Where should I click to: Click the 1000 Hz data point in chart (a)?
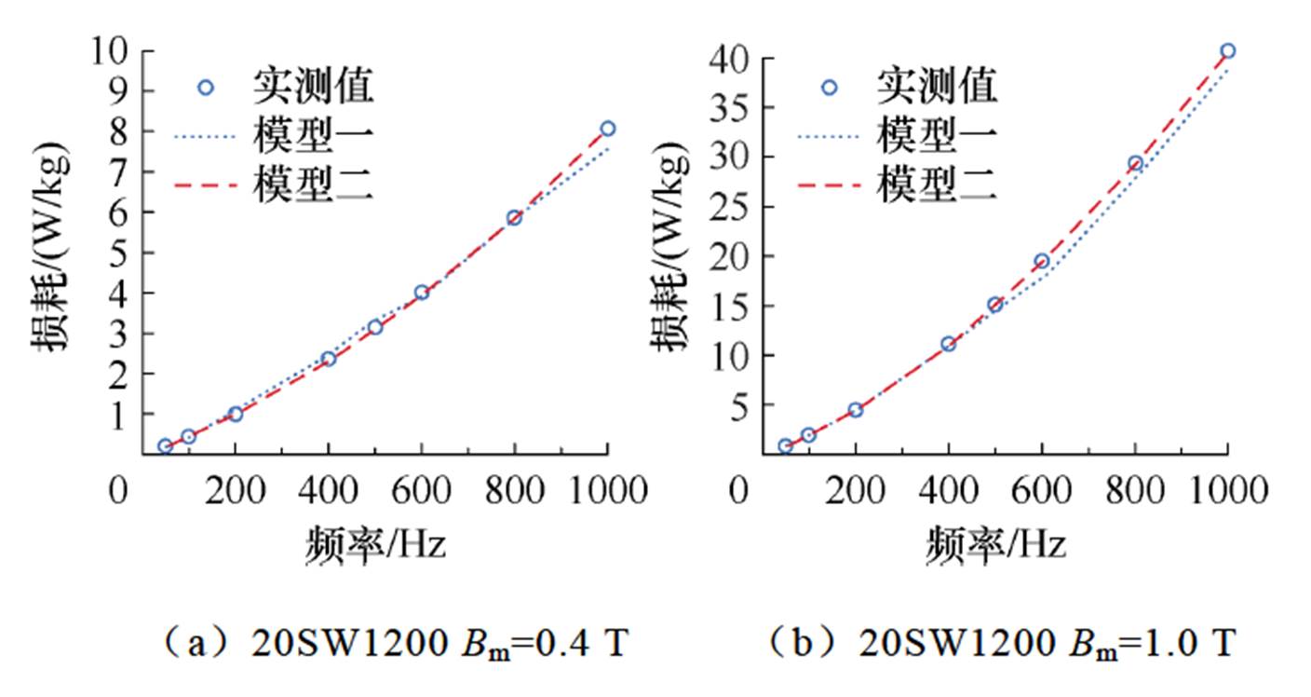[x=607, y=129]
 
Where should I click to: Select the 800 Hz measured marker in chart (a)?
[x=514, y=218]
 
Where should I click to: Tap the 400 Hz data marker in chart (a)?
[x=328, y=359]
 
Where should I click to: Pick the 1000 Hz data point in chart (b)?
[x=1228, y=51]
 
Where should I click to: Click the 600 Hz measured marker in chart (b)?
[x=1042, y=261]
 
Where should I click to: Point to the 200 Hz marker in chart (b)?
[x=855, y=410]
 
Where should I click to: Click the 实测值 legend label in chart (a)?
[x=313, y=88]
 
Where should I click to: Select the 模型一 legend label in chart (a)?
[x=313, y=138]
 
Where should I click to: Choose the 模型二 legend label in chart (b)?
[x=936, y=186]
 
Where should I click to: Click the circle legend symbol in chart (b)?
[x=829, y=88]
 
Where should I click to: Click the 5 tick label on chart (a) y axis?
[x=120, y=253]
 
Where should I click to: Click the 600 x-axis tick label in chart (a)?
[x=421, y=489]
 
